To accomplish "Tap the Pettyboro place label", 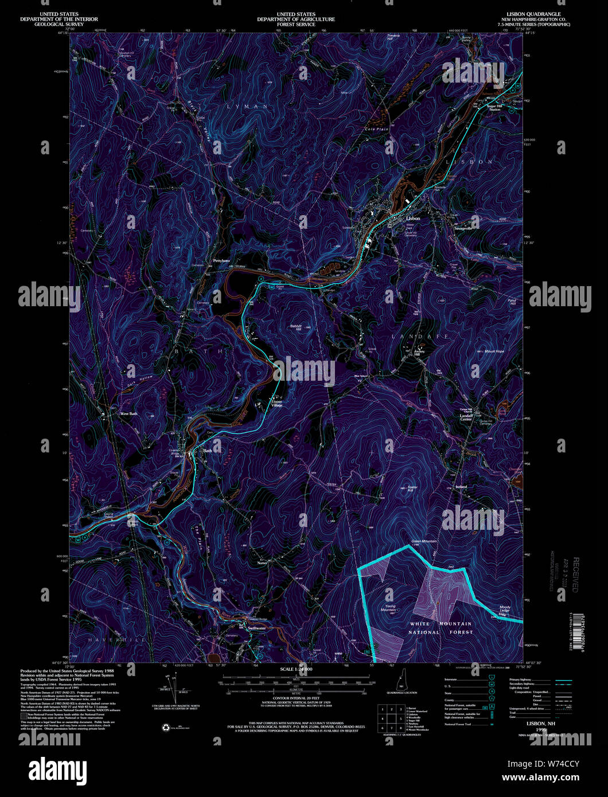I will (221, 261).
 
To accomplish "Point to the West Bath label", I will (128, 413).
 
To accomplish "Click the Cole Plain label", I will (377, 129).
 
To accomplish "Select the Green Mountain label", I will (424, 541).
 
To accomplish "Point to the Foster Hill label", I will (412, 489).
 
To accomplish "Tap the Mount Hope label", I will (494, 351).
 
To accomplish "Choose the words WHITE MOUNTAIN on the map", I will (441, 623).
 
